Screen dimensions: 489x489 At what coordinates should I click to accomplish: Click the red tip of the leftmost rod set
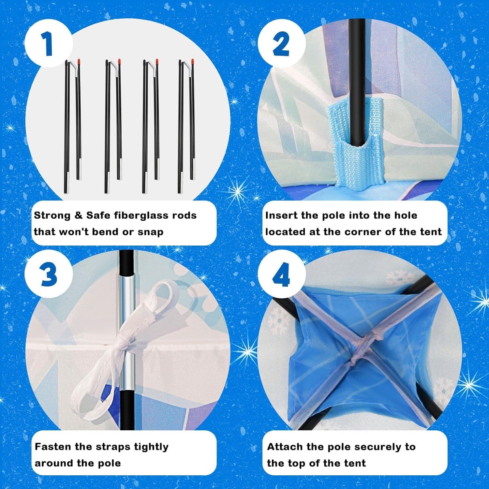coord(79,61)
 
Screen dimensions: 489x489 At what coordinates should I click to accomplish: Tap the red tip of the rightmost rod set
coord(193,61)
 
